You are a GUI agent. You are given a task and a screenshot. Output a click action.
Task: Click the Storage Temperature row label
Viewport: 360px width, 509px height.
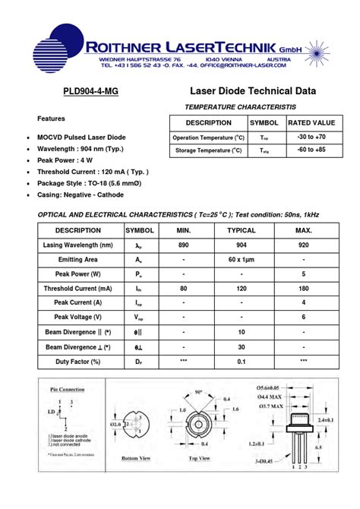coord(208,150)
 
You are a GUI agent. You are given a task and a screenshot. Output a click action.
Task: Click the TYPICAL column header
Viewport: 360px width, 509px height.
coord(242,230)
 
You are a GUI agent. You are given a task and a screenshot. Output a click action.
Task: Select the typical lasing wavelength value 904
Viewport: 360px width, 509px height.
coord(242,245)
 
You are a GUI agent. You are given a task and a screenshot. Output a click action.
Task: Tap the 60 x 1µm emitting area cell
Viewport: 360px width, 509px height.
coord(242,260)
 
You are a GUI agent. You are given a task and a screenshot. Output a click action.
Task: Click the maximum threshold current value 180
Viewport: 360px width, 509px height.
coord(304,289)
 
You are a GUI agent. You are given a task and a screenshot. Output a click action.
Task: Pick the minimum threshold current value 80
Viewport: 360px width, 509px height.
coord(184,289)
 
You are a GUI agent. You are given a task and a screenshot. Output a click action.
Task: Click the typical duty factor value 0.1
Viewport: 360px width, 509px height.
coord(242,361)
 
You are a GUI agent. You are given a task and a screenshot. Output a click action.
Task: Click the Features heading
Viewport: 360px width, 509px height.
coord(52,119)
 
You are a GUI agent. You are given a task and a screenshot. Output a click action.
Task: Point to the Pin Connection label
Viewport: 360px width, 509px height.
coord(68,389)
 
